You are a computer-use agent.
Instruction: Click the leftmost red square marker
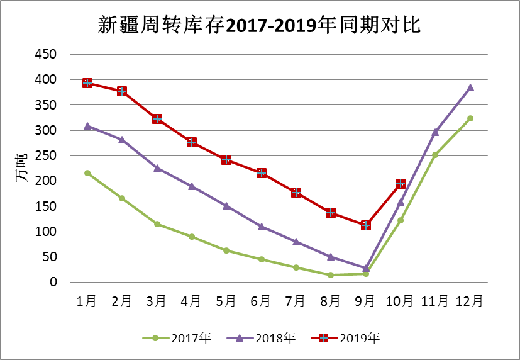[x=87, y=83]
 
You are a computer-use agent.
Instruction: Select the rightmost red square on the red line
[x=401, y=184]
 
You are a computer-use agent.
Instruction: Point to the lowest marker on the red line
[x=365, y=225]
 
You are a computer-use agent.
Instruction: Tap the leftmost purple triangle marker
[x=87, y=125]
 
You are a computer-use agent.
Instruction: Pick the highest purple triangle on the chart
[x=470, y=87]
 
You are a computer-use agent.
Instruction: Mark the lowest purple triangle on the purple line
[x=365, y=268]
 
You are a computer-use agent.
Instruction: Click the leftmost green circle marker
[x=87, y=172]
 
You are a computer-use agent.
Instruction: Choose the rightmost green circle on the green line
[x=470, y=118]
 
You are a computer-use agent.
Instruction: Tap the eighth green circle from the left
[x=331, y=275]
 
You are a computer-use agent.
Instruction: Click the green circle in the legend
[x=155, y=338]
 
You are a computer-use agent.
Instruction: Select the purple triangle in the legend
[x=240, y=338]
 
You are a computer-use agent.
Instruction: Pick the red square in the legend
[x=324, y=338]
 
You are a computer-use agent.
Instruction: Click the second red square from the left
[x=122, y=91]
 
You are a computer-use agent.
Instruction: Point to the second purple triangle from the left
[x=122, y=139]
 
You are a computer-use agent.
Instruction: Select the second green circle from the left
[x=122, y=198]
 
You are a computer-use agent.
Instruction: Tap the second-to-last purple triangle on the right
[x=435, y=132]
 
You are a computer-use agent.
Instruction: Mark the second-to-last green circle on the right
[x=435, y=155]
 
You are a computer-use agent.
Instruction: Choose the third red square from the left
[x=157, y=119]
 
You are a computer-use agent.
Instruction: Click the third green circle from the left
[x=157, y=224]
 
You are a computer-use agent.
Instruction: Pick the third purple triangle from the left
[x=157, y=167]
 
